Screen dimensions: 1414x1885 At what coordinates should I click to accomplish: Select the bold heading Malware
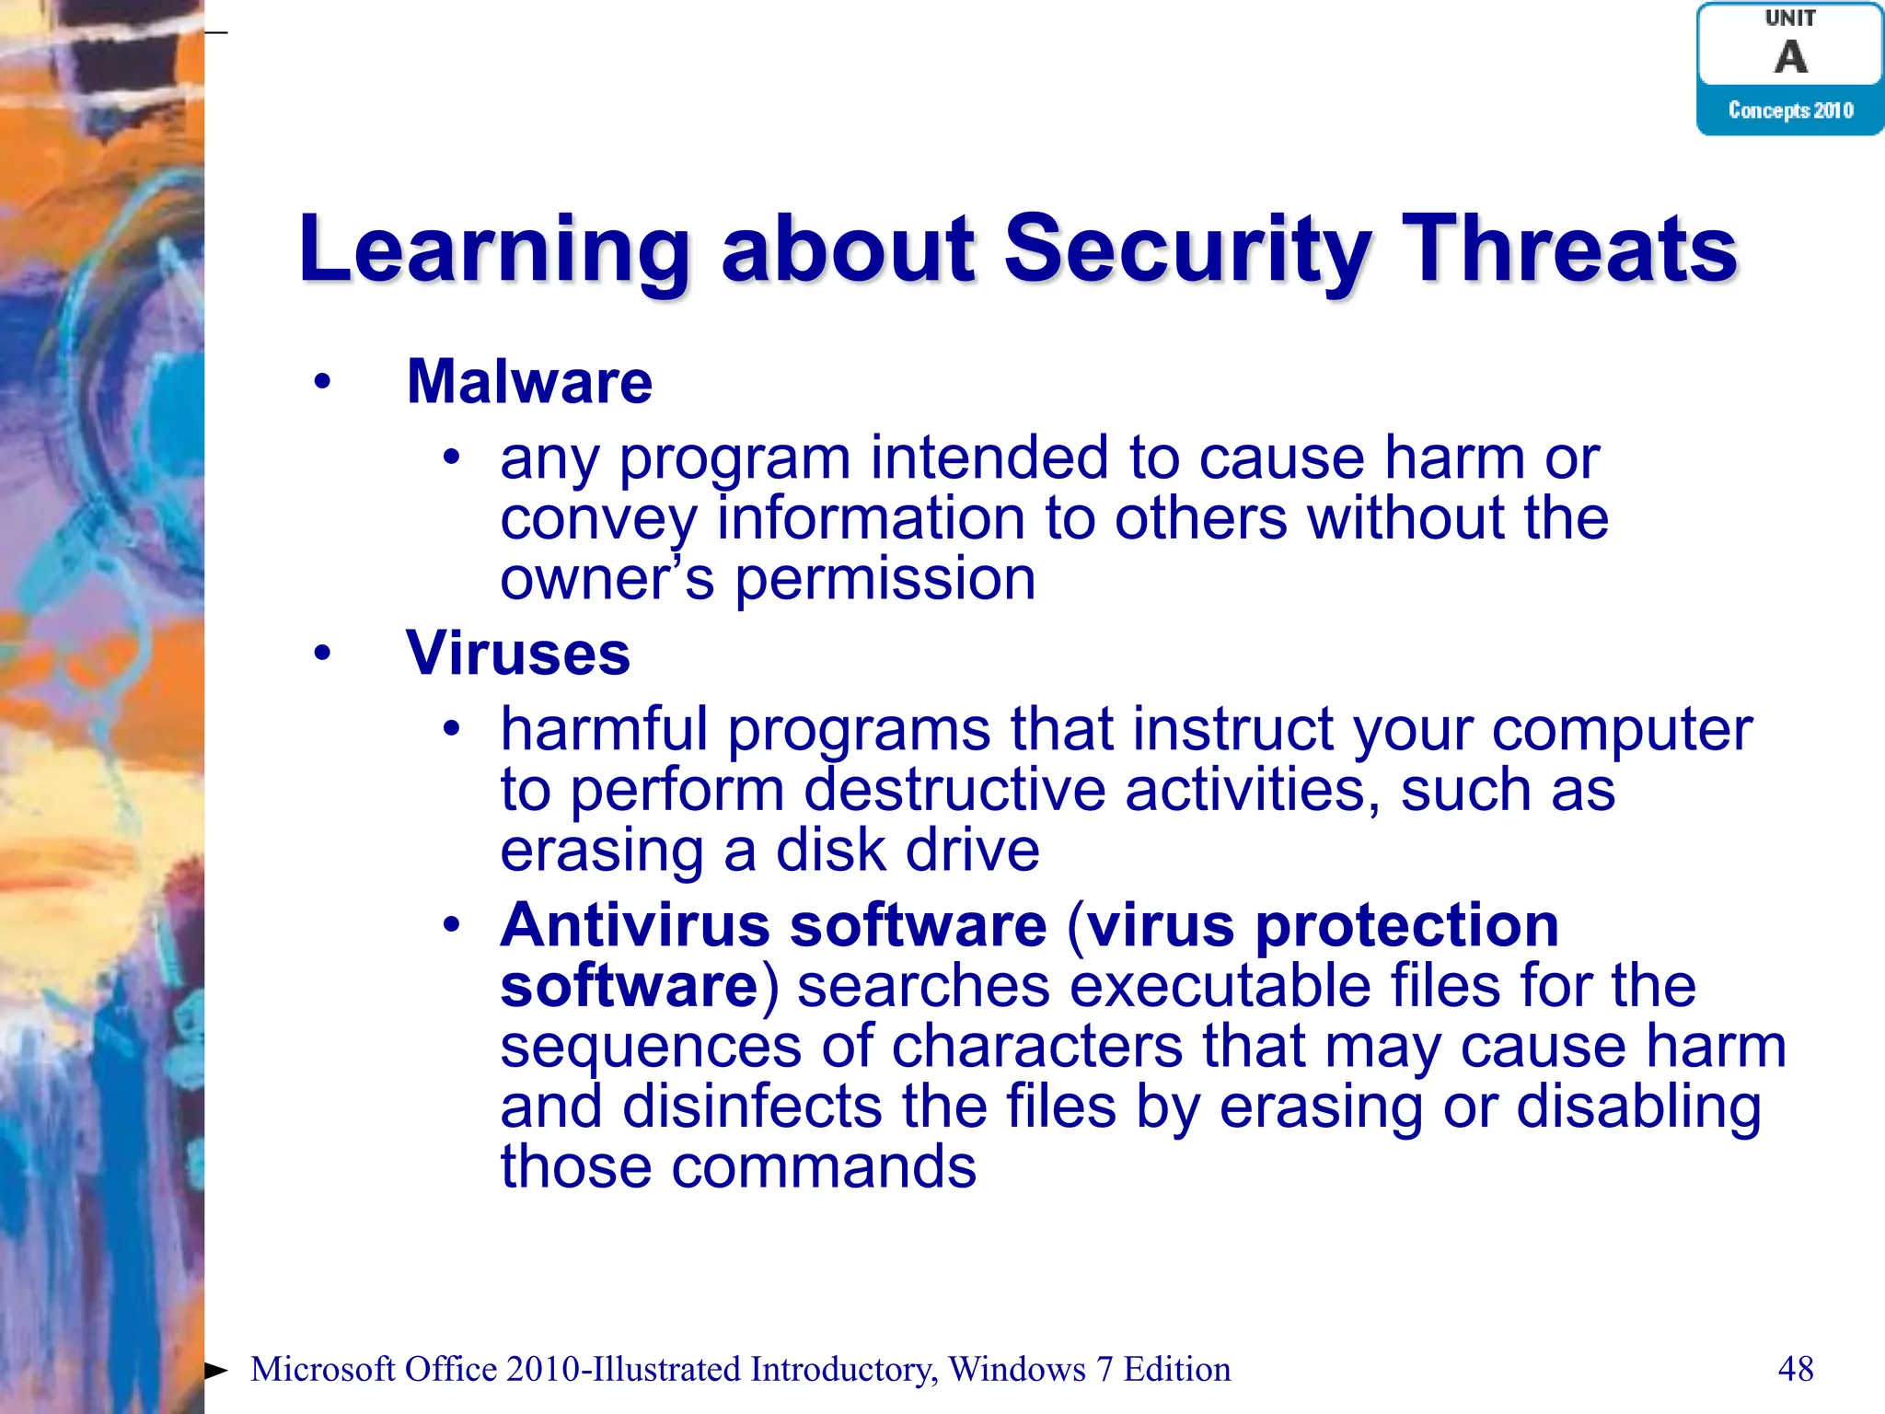pyautogui.click(x=529, y=382)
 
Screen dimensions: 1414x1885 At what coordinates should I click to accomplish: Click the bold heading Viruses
pyautogui.click(x=518, y=654)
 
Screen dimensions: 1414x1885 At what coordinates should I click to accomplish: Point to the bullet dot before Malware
pyautogui.click(x=321, y=382)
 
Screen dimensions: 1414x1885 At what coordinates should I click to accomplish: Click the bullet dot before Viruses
pyautogui.click(x=321, y=654)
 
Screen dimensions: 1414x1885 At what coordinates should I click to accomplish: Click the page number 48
pyautogui.click(x=1795, y=1369)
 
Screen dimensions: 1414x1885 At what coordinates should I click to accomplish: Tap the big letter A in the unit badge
pyautogui.click(x=1790, y=57)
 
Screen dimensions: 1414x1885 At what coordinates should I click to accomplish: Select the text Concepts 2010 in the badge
pyautogui.click(x=1790, y=110)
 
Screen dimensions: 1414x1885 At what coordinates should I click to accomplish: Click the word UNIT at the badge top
pyautogui.click(x=1790, y=18)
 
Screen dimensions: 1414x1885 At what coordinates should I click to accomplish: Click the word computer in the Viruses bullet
pyautogui.click(x=1622, y=730)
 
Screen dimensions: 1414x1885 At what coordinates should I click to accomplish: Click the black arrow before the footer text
pyautogui.click(x=215, y=1370)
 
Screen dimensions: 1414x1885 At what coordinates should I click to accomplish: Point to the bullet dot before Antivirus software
pyautogui.click(x=450, y=925)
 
